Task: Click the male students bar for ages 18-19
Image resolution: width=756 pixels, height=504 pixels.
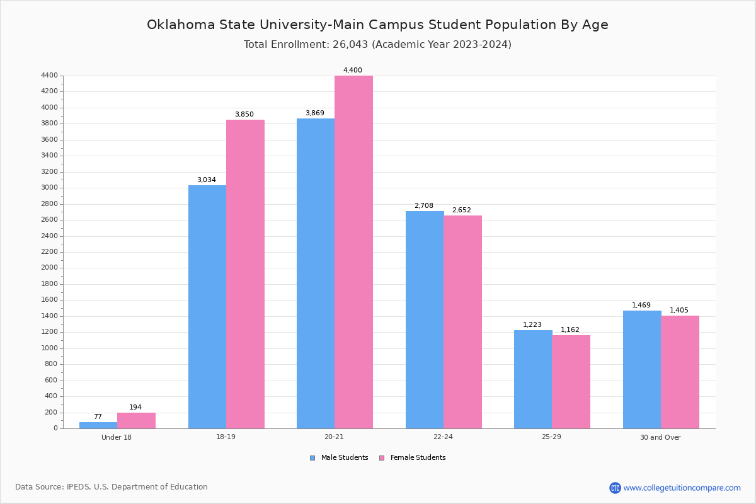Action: point(207,307)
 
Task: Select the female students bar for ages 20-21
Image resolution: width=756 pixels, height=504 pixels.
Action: point(353,252)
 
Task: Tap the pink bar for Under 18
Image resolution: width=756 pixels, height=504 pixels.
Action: point(136,421)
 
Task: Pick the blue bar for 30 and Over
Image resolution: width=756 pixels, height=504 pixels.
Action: point(642,370)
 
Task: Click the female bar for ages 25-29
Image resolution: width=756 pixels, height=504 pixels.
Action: point(571,382)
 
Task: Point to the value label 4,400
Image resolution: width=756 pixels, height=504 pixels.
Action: point(353,71)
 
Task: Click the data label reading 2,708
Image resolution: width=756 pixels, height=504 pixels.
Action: point(424,206)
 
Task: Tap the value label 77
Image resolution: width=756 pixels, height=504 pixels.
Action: point(98,417)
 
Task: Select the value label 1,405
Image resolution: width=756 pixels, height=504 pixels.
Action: point(679,311)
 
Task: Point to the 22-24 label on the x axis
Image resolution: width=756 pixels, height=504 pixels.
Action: point(443,437)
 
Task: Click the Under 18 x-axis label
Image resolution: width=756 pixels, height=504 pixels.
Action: point(117,437)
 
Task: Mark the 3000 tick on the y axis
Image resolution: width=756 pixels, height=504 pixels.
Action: point(50,188)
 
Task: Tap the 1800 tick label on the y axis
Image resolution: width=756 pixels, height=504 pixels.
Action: point(50,284)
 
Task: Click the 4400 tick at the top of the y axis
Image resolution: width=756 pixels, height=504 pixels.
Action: point(50,76)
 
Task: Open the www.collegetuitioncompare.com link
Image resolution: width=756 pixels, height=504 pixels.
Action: point(682,488)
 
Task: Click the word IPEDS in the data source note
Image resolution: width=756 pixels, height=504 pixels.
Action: point(77,487)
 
